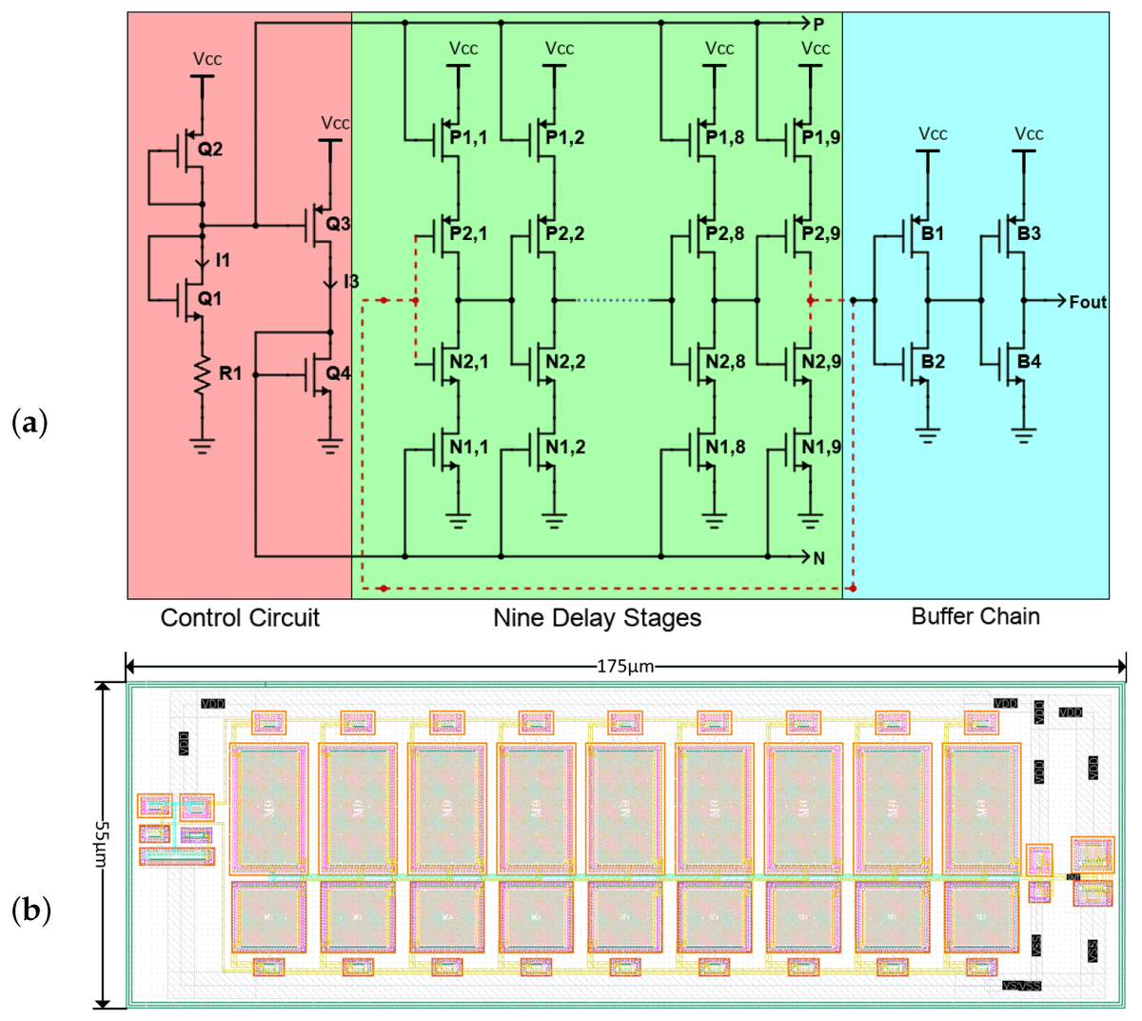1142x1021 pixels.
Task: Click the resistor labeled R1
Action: coord(202,374)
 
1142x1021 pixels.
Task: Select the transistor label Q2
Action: coord(209,150)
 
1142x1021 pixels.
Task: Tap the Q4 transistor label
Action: coord(338,373)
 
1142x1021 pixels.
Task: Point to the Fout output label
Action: coord(1087,302)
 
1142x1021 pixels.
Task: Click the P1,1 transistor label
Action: coord(468,138)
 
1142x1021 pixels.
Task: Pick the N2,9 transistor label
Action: coord(820,362)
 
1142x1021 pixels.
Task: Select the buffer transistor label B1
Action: coord(933,233)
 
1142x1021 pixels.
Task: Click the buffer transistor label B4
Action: coord(1029,362)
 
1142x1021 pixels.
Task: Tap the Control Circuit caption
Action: coord(240,618)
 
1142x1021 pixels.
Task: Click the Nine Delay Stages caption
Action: coord(597,618)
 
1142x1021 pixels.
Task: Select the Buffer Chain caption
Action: coord(975,616)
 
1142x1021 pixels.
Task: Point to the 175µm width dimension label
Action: coord(625,666)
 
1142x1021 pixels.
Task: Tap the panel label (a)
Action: coord(29,422)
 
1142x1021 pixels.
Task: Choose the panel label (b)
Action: coord(30,911)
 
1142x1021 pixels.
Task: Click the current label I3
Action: coord(350,281)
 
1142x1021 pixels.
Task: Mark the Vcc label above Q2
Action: coord(207,59)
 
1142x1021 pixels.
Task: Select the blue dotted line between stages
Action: coord(612,300)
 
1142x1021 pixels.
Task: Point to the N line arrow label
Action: coord(818,558)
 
